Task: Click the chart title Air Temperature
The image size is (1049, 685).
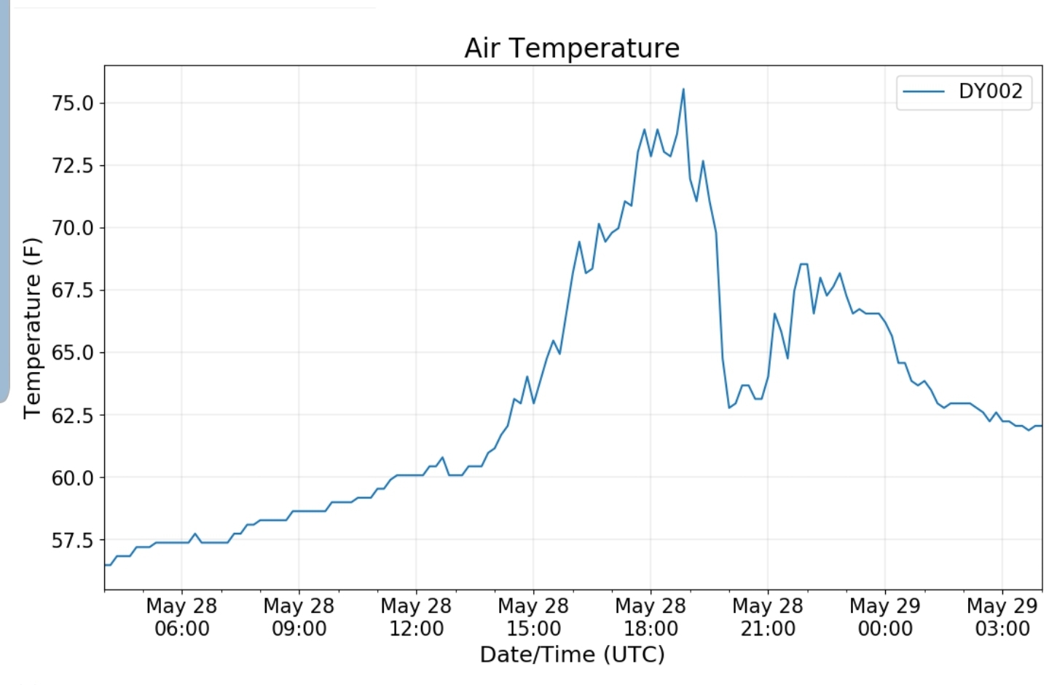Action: click(x=572, y=48)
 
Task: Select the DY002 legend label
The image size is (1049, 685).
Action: click(x=990, y=91)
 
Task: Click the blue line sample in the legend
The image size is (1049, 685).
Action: click(x=924, y=92)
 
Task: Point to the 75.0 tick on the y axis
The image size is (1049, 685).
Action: click(x=73, y=103)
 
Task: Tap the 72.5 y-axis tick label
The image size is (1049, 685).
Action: click(x=73, y=166)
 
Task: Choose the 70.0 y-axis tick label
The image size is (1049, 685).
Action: click(x=73, y=228)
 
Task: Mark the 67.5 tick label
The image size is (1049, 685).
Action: click(x=73, y=290)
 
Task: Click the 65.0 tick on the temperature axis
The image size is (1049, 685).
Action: click(x=73, y=353)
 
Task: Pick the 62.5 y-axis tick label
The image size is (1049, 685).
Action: click(x=73, y=415)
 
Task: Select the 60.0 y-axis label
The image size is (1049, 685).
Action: click(x=73, y=478)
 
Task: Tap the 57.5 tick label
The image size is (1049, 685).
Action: click(x=73, y=540)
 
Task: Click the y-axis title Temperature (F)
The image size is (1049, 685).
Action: click(x=32, y=328)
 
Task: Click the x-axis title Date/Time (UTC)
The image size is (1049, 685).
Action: click(x=572, y=654)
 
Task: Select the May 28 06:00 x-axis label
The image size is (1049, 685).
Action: click(x=181, y=617)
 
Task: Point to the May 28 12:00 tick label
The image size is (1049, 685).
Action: click(x=416, y=617)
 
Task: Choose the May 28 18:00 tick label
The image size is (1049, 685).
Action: click(x=651, y=617)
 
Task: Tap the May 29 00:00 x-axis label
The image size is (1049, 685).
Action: click(x=885, y=617)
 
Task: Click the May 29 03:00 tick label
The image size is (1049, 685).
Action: click(x=1002, y=617)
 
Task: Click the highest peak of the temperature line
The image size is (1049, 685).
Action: click(x=683, y=90)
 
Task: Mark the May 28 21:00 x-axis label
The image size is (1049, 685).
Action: click(x=768, y=617)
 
